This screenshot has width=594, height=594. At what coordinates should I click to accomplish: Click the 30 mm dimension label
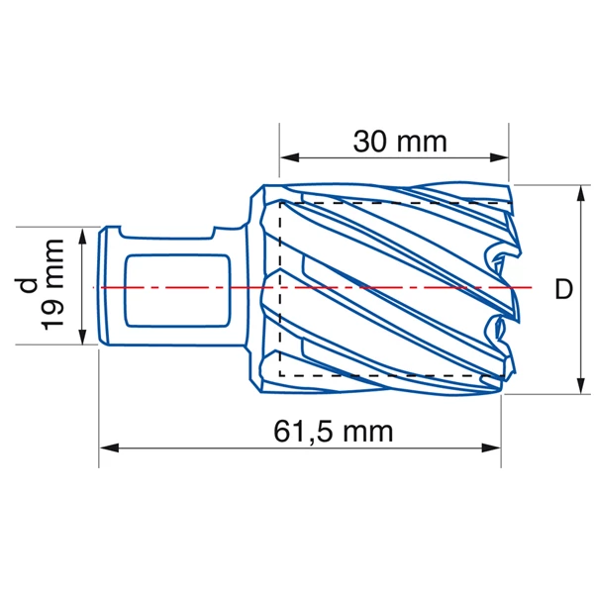(x=400, y=141)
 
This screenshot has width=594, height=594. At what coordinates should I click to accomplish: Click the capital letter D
(x=563, y=290)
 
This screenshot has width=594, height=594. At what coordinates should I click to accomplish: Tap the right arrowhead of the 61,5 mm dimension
(x=494, y=447)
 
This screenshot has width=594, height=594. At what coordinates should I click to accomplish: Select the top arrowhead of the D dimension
(x=578, y=193)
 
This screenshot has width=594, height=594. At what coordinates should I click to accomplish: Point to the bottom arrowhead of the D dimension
(x=578, y=385)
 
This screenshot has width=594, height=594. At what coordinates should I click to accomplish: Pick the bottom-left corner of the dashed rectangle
(x=281, y=376)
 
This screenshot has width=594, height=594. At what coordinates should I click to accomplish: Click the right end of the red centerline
(x=533, y=287)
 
